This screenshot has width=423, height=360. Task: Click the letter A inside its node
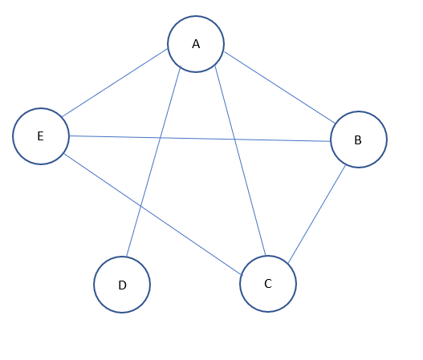(196, 44)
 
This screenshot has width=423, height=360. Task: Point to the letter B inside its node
(358, 140)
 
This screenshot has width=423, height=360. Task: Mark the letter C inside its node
(268, 284)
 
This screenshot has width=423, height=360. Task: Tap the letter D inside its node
(122, 285)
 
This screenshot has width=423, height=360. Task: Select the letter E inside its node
(40, 136)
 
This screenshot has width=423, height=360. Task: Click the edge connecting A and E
(116, 83)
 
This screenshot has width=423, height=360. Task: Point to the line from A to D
(154, 164)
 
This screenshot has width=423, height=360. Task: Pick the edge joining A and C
(239, 161)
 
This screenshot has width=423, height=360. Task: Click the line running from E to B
(201, 138)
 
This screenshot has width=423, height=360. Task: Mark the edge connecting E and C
(153, 214)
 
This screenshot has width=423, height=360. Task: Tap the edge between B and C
(317, 214)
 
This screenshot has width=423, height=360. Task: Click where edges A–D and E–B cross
(161, 137)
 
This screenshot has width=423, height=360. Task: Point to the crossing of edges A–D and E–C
(141, 206)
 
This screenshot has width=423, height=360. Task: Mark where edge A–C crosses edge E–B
(233, 139)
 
